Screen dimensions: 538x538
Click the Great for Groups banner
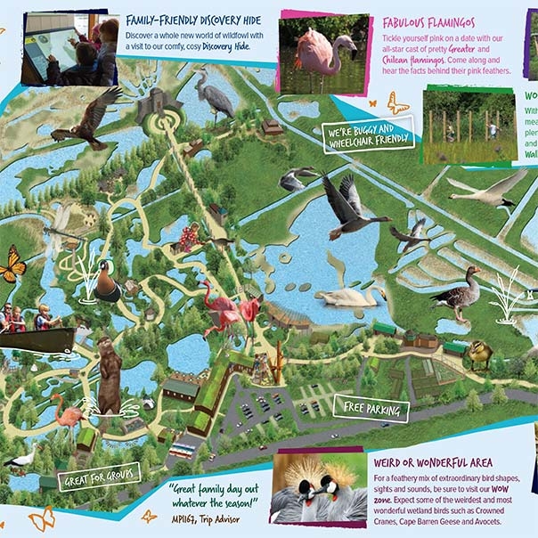[97, 479]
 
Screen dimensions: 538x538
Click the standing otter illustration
[108, 374]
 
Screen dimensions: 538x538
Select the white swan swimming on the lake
[338, 296]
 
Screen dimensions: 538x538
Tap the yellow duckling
[478, 355]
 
